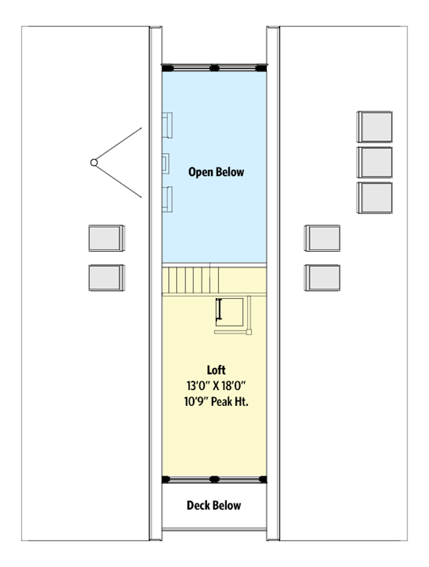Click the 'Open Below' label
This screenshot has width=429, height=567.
coord(216,172)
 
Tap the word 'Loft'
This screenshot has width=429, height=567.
coord(216,371)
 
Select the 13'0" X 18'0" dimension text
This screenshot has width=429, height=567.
coord(216,386)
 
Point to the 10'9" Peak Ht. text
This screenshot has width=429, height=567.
coord(216,402)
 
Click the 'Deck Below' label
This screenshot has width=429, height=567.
coord(214,505)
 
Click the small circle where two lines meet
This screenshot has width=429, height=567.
coord(93,162)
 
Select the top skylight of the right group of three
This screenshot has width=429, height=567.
coord(374,127)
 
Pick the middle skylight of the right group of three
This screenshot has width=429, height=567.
coord(374,162)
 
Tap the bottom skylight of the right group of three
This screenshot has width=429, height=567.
coord(374,198)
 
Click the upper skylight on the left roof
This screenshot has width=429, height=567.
coord(107,239)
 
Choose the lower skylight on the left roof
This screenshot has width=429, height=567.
coord(107,277)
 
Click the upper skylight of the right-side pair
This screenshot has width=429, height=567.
coord(322,239)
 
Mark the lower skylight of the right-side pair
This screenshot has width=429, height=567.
coord(322,277)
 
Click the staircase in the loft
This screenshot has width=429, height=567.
coord(192,280)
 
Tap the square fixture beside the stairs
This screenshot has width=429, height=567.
coord(230,310)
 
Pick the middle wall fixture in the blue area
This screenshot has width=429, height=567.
coord(166,163)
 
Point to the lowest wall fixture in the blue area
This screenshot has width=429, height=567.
coord(167,199)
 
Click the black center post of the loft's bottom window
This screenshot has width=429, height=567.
coord(214,478)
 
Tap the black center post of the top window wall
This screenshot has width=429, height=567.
coord(214,67)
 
